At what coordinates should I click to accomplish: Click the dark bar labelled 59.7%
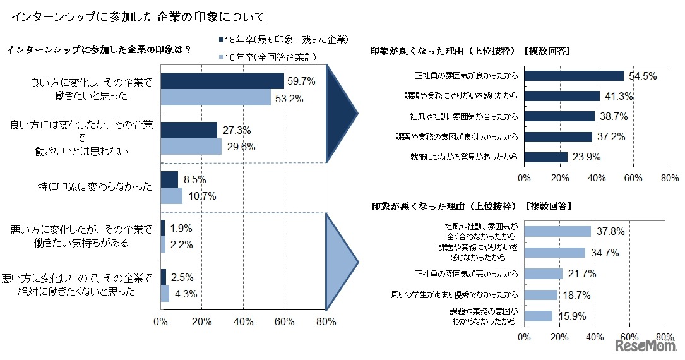[222, 81]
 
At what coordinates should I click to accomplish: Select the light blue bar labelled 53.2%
[216, 97]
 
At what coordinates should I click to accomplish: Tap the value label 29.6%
[239, 147]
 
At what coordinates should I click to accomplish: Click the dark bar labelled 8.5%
[169, 179]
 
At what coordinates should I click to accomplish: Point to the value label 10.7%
[201, 196]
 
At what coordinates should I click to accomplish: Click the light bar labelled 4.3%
[165, 294]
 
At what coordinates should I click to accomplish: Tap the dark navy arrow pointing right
[342, 114]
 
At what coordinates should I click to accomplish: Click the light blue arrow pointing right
[342, 260]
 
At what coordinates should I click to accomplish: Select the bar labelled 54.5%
[573, 76]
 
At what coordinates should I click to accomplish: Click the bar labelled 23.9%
[545, 157]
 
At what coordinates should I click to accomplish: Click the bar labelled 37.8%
[557, 231]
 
